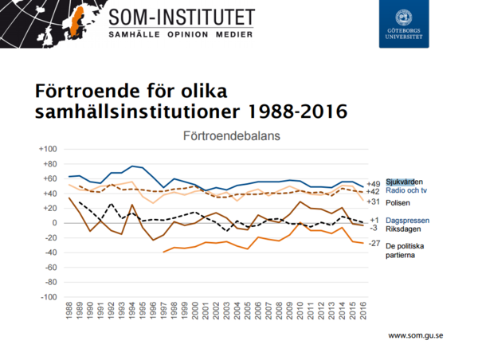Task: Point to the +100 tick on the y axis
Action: tap(49, 150)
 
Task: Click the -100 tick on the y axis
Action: tap(49, 297)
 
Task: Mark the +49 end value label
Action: tap(373, 183)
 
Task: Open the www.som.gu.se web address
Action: tap(415, 336)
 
